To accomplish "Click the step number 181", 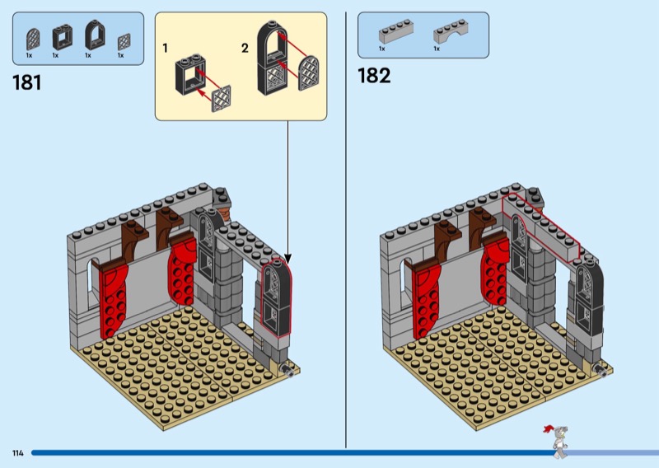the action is coord(27,82).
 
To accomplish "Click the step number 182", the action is coord(374,76).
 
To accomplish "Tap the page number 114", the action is coord(18,453).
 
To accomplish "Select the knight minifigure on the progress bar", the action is coord(559,441).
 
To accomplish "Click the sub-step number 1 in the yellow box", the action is coord(166,49).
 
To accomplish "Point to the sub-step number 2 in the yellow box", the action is coord(245,49).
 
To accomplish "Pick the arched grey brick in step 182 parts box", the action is coord(450,32).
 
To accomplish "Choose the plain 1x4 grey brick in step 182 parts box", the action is coord(396,32).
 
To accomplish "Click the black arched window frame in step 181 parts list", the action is coord(95,35).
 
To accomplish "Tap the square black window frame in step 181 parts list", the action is coord(63,37).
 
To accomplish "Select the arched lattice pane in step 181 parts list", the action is coord(33,40).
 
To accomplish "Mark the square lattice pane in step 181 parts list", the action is coord(124,42).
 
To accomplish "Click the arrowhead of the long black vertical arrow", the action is coord(287,257).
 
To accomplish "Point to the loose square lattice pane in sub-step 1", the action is coord(221,99).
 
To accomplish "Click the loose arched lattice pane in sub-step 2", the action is coord(308,73).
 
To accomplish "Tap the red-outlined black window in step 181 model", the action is coord(276,297).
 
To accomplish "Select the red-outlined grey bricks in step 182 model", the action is coord(541,227).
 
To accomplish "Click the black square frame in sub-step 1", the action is coord(188,74).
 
